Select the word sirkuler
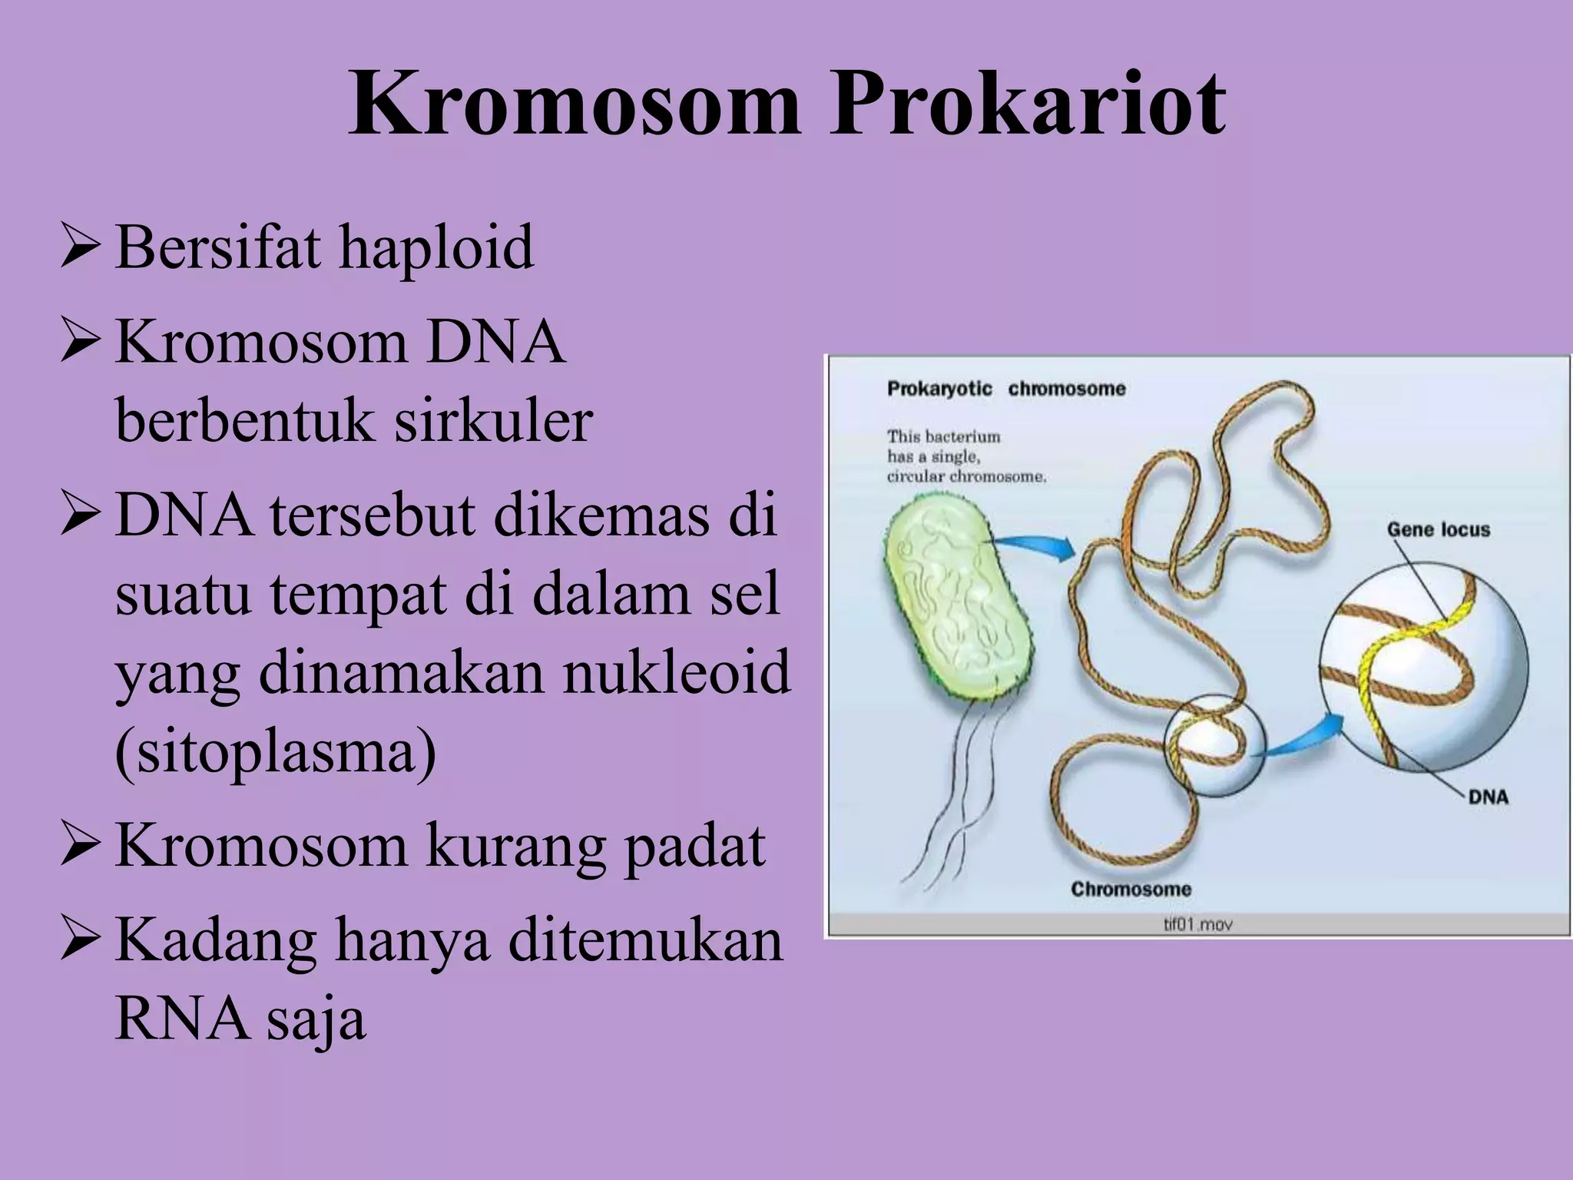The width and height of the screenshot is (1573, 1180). pos(493,421)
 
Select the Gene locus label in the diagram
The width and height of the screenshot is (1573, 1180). pos(1438,529)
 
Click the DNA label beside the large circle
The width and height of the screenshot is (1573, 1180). pos(1488,797)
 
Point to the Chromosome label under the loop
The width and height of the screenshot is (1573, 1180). pos(1131,889)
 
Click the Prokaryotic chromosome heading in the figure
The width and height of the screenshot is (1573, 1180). pos(1006,389)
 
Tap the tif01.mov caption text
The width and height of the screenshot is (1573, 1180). pos(1197,924)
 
